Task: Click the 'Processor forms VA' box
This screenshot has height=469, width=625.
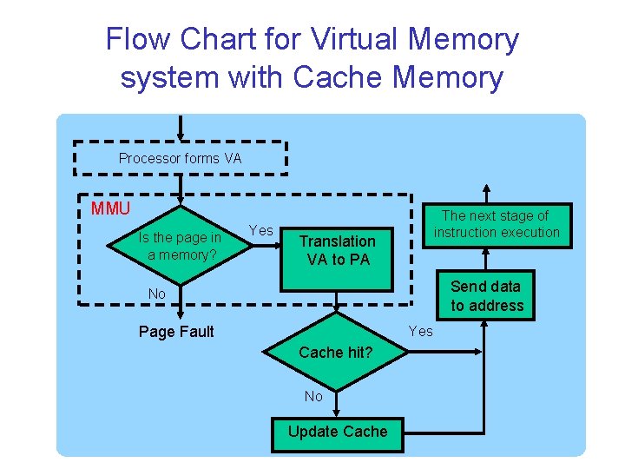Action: point(180,158)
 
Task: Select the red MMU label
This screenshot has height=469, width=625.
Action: point(110,208)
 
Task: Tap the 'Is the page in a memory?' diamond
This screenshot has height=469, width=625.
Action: point(180,246)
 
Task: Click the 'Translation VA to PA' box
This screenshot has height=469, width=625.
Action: point(338,250)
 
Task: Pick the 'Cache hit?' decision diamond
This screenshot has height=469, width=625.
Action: point(336,352)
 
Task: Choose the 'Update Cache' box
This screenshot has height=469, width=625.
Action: point(338,432)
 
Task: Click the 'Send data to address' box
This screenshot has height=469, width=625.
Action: point(487,295)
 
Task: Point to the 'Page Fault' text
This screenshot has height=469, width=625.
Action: point(176,332)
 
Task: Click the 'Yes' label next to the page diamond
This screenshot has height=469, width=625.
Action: point(261,230)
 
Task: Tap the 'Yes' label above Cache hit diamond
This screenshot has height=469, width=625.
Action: point(420,331)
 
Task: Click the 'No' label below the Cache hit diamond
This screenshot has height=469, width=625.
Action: point(313,396)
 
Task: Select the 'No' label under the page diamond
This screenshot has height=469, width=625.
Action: point(156,294)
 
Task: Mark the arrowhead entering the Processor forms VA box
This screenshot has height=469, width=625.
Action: point(180,134)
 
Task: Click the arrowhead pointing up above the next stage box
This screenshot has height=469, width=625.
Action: point(487,192)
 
